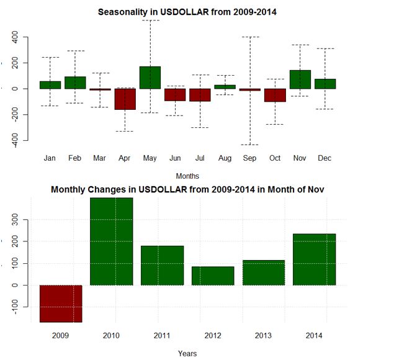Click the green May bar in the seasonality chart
(150, 78)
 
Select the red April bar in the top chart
(125, 99)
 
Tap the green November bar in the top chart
(300, 79)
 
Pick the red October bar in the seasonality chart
(275, 95)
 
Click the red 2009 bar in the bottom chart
(61, 304)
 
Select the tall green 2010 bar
(112, 241)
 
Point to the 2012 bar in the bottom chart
(213, 276)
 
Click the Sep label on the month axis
(250, 158)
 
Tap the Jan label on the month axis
(50, 158)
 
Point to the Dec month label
(324, 158)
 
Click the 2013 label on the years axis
(264, 335)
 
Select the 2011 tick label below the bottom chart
(162, 335)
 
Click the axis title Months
(187, 176)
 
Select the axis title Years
(187, 353)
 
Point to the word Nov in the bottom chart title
(313, 189)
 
